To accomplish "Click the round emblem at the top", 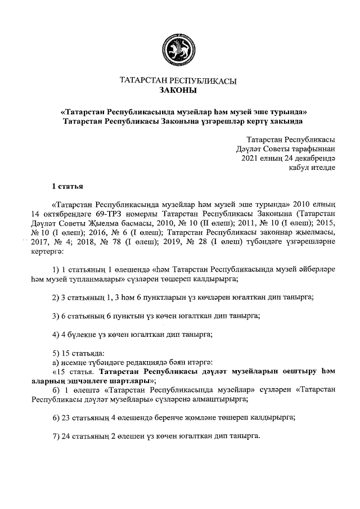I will click(178, 49).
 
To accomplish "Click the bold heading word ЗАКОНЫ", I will click(178, 91).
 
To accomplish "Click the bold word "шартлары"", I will click(129, 381).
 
